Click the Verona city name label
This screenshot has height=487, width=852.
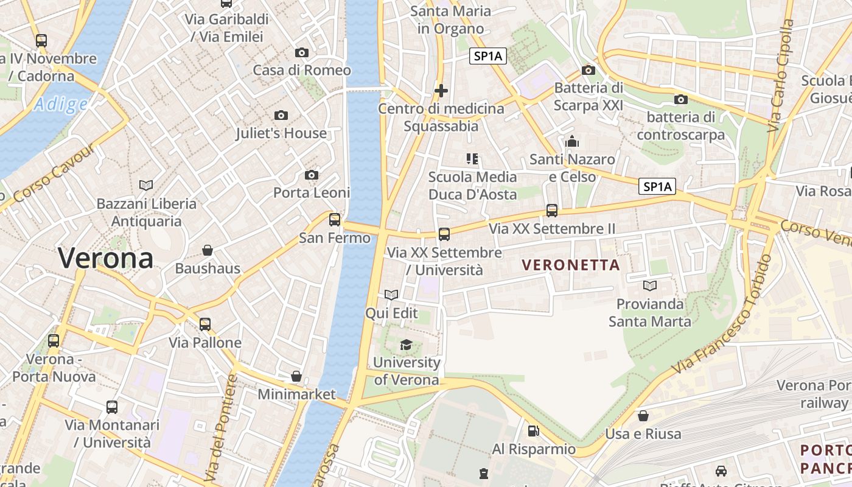pos(106,258)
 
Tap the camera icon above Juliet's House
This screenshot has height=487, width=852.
pos(281,115)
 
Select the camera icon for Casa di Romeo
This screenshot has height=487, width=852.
pos(301,53)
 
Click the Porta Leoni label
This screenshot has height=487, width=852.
pos(311,192)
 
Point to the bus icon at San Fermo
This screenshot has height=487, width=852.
pos(335,220)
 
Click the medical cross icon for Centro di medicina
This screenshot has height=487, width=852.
pos(441,91)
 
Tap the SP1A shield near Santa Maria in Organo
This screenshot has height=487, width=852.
pos(488,57)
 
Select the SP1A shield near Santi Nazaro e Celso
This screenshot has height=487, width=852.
pos(657,186)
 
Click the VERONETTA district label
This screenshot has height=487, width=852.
pos(571,265)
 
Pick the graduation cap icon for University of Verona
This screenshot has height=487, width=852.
pos(406,345)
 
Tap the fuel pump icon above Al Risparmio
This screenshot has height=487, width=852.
pos(533,431)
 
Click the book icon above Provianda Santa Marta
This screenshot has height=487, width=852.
pos(650,286)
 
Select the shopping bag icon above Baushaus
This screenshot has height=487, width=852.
pos(208,250)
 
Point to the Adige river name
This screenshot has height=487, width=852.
pos(61,105)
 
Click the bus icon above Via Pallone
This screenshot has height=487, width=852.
pos(205,324)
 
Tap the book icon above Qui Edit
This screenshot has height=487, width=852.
pos(391,295)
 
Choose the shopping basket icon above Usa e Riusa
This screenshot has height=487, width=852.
pos(643,416)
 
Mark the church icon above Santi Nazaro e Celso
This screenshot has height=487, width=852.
pos(572,142)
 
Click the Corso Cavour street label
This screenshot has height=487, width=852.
pos(55,174)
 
